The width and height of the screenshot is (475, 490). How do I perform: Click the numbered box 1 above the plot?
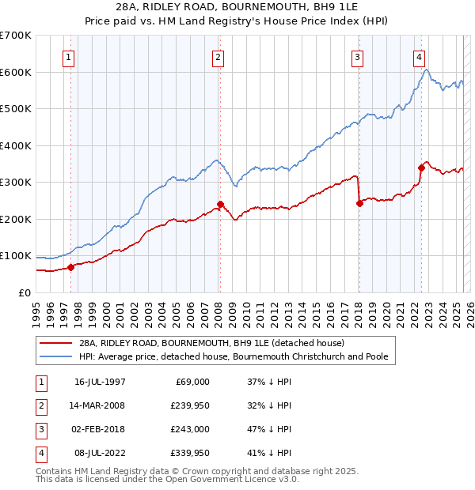(70, 57)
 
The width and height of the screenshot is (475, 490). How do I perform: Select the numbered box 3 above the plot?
(358, 57)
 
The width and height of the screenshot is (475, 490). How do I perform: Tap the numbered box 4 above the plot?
(418, 57)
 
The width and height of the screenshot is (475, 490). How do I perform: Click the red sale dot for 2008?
(220, 204)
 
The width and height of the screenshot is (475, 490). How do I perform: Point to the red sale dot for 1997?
(70, 267)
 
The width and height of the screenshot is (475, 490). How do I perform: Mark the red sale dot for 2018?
(359, 203)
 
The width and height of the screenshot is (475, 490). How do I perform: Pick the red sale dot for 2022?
(421, 168)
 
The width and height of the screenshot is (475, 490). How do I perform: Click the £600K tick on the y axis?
(16, 72)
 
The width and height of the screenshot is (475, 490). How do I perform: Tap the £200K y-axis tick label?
(16, 219)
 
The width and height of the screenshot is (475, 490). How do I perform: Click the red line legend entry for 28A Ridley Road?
(211, 344)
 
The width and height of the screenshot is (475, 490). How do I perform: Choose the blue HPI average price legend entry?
(233, 357)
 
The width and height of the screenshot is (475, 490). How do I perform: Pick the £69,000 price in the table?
(190, 382)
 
